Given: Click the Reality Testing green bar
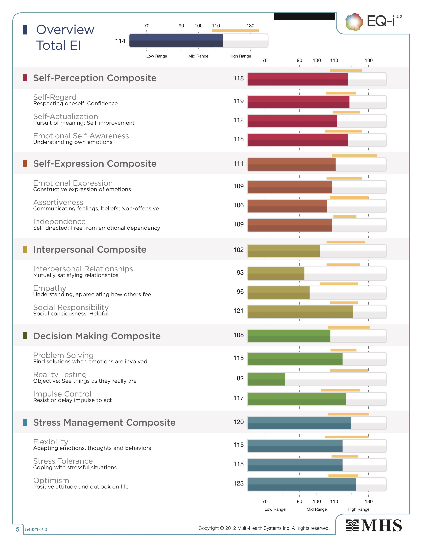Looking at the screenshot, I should click(266, 379).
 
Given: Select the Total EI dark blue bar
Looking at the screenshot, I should click(176, 41).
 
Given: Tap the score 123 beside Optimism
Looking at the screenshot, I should click(238, 483).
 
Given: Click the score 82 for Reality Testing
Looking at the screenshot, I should click(240, 378).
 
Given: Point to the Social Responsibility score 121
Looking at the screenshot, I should click(238, 311).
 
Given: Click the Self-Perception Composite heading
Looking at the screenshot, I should click(95, 78).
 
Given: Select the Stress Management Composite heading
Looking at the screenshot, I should click(104, 423).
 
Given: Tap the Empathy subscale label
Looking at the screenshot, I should click(50, 288).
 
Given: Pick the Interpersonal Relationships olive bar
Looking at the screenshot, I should click(276, 273).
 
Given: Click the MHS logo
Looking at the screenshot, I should click(374, 525).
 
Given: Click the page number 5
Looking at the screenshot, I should click(18, 529).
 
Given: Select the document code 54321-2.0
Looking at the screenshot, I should click(36, 529).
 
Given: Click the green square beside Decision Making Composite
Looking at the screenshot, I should click(25, 336).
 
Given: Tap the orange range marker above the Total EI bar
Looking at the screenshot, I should click(235, 30).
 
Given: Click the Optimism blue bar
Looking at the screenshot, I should click(302, 484).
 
